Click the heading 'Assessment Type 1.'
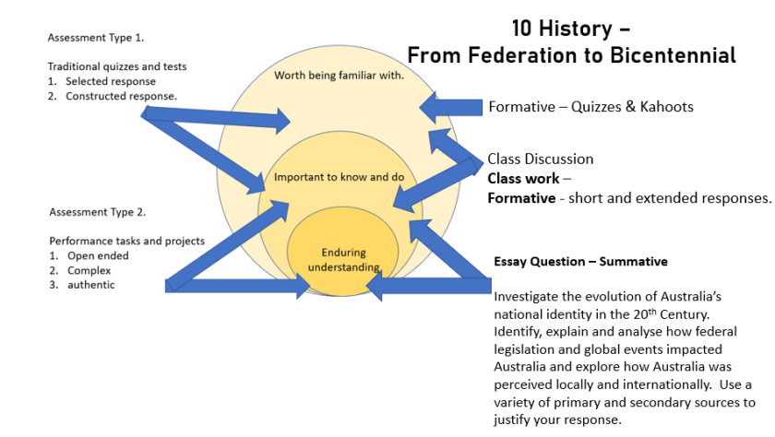click(96, 38)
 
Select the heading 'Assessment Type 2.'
click(97, 212)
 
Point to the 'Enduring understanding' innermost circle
click(343, 260)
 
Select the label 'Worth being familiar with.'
click(339, 76)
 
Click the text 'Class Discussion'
click(541, 159)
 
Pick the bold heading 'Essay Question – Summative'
click(580, 262)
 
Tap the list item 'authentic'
click(90, 285)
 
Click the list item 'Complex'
click(89, 271)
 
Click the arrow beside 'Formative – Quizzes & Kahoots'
click(451, 107)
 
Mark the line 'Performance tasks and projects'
click(126, 242)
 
